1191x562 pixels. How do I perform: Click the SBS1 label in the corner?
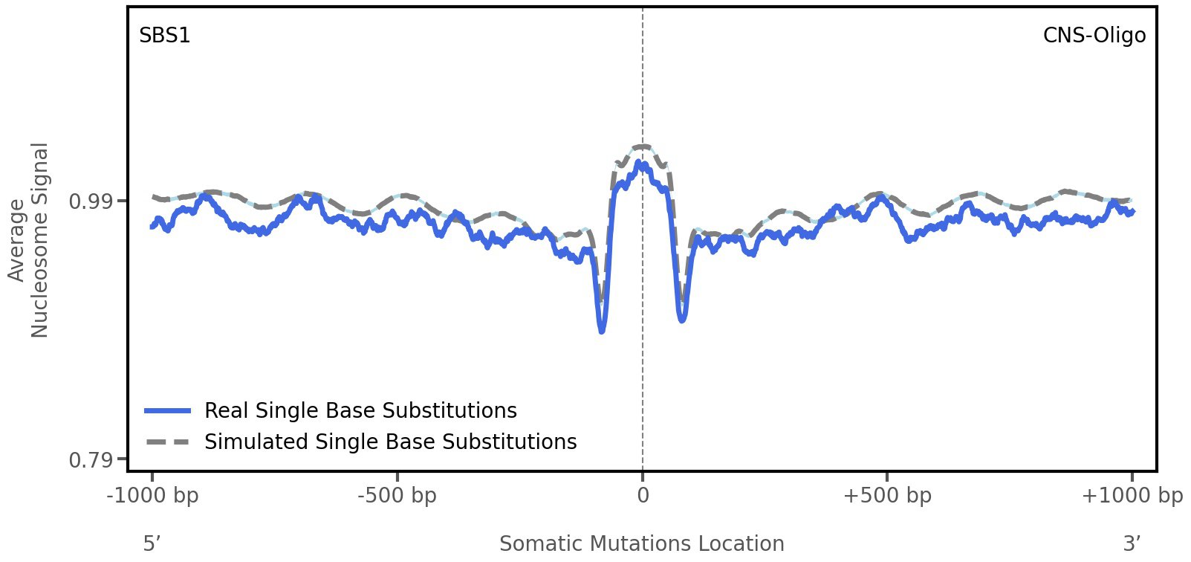click(165, 36)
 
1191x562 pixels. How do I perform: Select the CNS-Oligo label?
click(1094, 36)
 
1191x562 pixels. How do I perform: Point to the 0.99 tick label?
click(88, 201)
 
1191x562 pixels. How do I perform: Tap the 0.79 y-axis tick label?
click(88, 461)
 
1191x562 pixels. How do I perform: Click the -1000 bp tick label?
click(153, 496)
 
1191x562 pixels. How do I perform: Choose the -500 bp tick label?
click(397, 496)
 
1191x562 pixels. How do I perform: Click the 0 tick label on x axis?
click(643, 496)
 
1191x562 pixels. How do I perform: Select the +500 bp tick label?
click(887, 496)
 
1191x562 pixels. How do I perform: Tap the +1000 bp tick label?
click(1132, 496)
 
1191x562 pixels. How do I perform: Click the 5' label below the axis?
click(152, 543)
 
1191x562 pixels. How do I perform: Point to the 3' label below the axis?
click(1132, 543)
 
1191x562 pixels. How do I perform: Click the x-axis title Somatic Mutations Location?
click(641, 543)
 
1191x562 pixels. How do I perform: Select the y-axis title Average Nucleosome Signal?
click(29, 239)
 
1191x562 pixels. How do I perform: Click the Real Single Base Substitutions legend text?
click(360, 410)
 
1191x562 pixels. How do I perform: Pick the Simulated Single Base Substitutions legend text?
click(390, 442)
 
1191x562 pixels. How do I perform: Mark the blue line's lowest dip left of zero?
click(602, 330)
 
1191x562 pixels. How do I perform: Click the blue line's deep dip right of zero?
click(682, 320)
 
